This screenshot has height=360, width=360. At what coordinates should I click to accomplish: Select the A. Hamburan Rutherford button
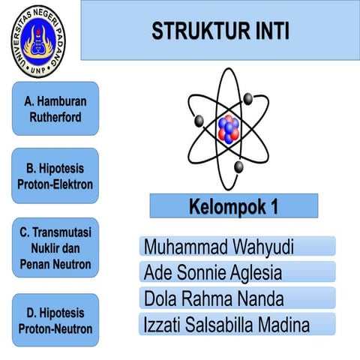click(x=55, y=108)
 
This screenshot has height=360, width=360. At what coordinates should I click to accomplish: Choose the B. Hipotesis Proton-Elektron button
click(x=55, y=175)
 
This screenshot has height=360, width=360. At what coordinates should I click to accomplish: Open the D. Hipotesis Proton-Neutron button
click(x=55, y=320)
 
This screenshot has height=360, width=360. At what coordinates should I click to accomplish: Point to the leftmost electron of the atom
click(x=199, y=121)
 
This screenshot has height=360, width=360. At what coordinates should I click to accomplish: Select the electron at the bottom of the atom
click(x=238, y=166)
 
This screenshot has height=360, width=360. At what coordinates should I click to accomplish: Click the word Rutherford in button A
click(x=55, y=118)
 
